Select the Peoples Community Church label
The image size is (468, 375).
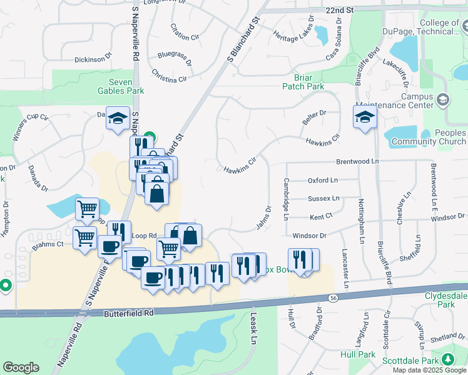[x=429, y=137]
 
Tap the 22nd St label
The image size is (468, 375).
[x=340, y=11]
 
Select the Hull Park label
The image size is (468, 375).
[x=358, y=354]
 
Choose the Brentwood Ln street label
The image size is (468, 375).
[x=358, y=161]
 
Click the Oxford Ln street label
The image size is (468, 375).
[x=322, y=180]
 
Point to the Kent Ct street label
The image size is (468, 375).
[x=322, y=217]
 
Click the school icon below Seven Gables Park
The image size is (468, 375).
[x=117, y=119]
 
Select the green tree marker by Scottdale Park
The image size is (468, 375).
[x=448, y=359]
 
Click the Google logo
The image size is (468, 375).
[x=21, y=367]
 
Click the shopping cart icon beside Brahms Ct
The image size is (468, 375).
[x=84, y=237]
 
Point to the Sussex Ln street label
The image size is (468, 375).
[x=323, y=198]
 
